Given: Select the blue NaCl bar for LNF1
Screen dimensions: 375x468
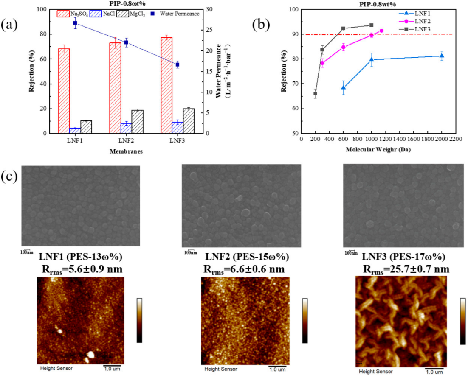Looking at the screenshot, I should pos(75,131).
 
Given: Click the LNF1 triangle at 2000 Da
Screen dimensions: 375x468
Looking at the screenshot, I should pos(442,56).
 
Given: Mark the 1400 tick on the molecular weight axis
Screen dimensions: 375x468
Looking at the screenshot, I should pos(400,138).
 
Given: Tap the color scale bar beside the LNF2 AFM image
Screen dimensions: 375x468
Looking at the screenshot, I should pos(304,320).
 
